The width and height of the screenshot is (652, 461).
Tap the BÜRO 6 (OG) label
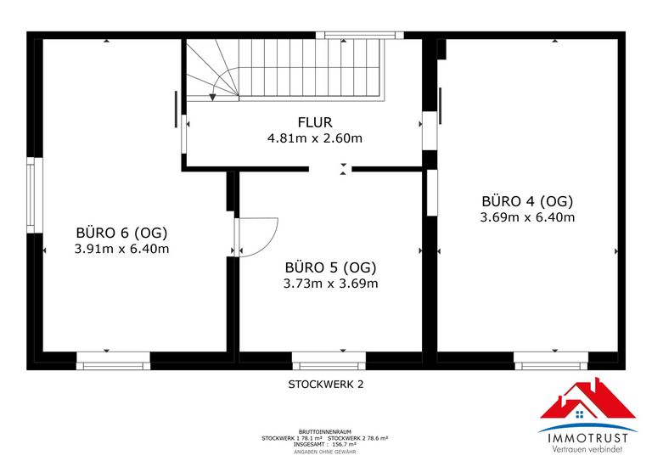(121, 233)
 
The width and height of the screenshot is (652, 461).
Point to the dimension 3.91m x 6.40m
(121, 249)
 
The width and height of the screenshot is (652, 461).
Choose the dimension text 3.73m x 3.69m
(330, 284)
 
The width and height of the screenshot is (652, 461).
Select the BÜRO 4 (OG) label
(527, 201)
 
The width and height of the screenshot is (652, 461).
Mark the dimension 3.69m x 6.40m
(527, 217)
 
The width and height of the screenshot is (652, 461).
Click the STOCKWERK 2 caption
(326, 384)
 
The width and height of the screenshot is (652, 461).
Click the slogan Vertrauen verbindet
(587, 449)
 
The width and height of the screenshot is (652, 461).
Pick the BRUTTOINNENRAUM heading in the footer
(325, 431)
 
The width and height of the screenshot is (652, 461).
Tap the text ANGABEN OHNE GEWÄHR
(325, 452)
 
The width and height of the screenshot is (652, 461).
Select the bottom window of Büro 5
(329, 366)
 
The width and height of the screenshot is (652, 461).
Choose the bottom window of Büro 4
(551, 366)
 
